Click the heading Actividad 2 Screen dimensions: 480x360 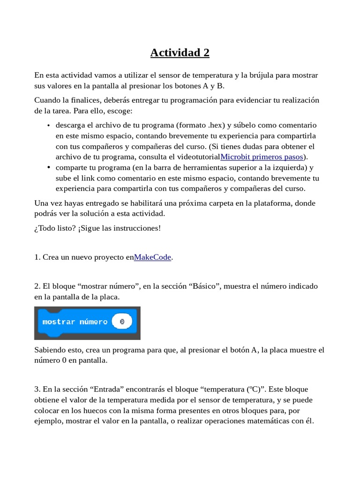(x=180, y=52)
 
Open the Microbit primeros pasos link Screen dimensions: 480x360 (x=262, y=157)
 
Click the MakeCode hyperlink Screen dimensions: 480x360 (x=152, y=257)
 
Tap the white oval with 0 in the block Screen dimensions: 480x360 (x=122, y=322)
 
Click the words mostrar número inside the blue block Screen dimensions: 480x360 (x=75, y=322)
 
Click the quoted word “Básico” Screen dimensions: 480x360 (x=205, y=286)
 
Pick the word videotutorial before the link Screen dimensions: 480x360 (x=196, y=157)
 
